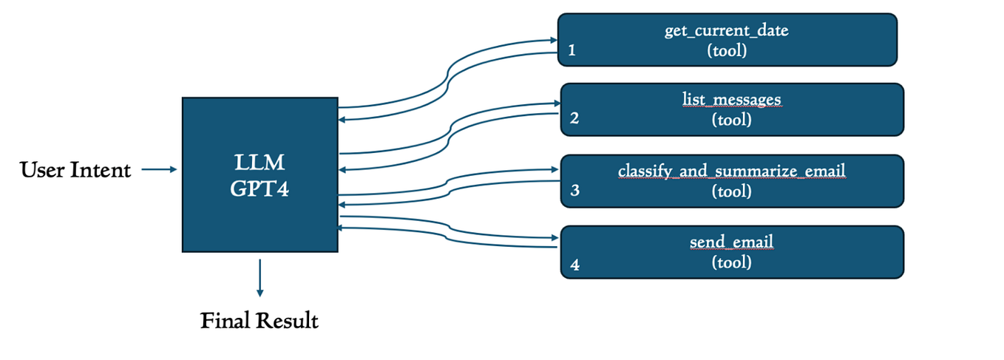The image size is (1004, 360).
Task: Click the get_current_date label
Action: [727, 31]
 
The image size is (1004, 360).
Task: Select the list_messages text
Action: [731, 100]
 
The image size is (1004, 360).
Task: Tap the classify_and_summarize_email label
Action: [731, 171]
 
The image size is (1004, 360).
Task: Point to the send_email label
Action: [731, 242]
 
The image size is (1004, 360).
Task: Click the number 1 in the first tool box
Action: [571, 51]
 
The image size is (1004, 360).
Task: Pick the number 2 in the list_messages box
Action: [574, 119]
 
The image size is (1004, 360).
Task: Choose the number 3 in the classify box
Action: [574, 191]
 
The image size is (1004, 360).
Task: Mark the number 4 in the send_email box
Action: [574, 263]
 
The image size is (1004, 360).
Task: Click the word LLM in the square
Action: [260, 162]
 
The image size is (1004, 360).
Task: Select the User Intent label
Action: [75, 171]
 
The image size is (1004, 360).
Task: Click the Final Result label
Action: [260, 322]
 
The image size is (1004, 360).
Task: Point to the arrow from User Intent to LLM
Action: [159, 170]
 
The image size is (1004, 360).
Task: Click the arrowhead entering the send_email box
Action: [555, 238]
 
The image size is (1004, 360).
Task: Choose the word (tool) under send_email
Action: [731, 262]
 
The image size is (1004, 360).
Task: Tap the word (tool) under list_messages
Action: [731, 119]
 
